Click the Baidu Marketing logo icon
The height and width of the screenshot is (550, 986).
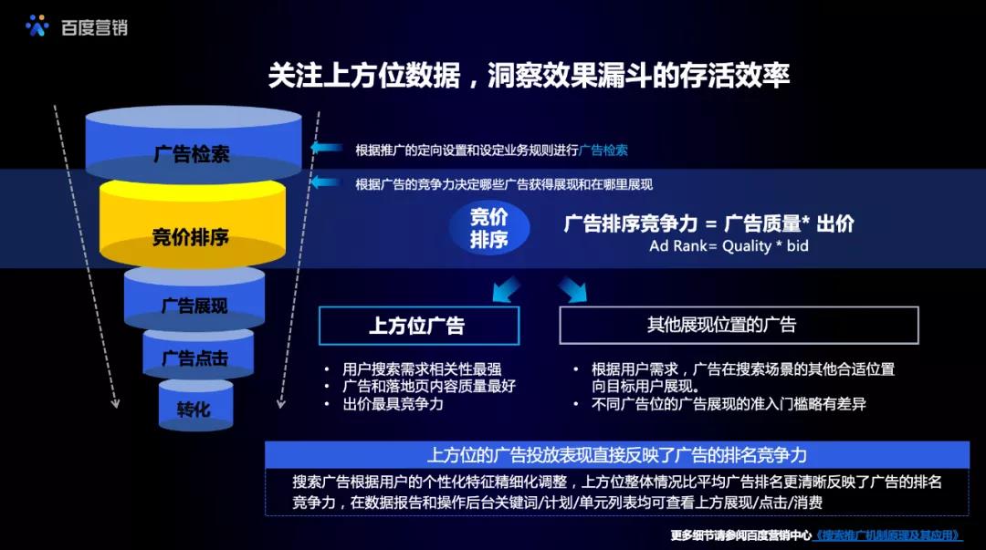[37, 26]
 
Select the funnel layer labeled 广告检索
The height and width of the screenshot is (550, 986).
[193, 142]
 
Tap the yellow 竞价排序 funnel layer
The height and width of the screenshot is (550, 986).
[193, 224]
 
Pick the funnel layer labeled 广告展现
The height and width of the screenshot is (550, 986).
[194, 298]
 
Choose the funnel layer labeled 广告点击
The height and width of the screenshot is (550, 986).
[198, 354]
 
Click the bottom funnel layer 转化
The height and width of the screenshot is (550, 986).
[195, 405]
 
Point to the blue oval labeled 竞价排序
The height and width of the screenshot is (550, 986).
[489, 228]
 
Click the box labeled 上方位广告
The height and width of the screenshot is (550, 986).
[419, 326]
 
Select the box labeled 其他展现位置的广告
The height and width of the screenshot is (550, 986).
[739, 325]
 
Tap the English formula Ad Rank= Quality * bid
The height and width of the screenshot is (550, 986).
[729, 245]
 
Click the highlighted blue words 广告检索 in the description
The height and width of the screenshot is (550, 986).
[603, 150]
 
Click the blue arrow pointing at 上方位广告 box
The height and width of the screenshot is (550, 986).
[506, 289]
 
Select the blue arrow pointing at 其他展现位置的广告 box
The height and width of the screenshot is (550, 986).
[572, 289]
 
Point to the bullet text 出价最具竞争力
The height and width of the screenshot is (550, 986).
[393, 404]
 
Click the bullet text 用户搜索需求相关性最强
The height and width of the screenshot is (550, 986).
[422, 369]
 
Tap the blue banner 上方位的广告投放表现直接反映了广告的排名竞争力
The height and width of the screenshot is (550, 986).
[617, 454]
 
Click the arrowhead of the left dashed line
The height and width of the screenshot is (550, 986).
[115, 403]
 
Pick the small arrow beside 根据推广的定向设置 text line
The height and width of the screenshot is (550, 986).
[326, 149]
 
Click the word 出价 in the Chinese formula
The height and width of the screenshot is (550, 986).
[835, 223]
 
